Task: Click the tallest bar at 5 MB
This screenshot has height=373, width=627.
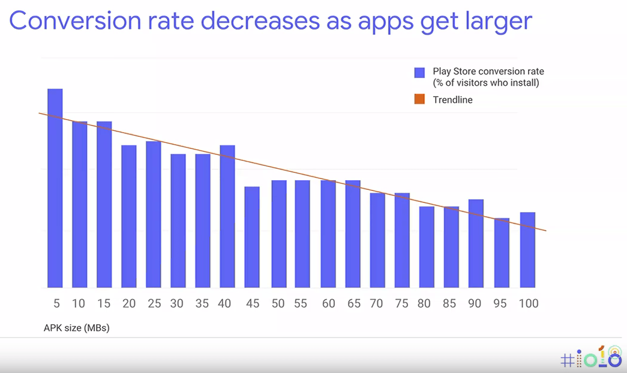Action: tap(55, 188)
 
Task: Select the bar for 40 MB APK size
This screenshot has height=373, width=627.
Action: tap(227, 216)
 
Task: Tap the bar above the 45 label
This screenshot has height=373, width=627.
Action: tap(252, 237)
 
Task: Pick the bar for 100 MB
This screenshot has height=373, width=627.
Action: tap(527, 250)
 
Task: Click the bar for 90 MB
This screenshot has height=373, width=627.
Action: tap(476, 243)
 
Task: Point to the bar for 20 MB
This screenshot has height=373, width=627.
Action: tap(129, 216)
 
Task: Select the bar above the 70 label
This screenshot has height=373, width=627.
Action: tap(377, 240)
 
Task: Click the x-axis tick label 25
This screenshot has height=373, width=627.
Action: tap(154, 303)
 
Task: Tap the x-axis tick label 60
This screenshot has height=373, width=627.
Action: tap(328, 303)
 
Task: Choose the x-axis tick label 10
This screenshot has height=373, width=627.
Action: tap(79, 303)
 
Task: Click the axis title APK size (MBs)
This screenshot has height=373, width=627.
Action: tap(77, 328)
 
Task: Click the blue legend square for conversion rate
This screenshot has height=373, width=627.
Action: tap(419, 72)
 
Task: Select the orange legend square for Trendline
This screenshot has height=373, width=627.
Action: tap(419, 99)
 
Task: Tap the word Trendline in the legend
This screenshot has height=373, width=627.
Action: tap(452, 100)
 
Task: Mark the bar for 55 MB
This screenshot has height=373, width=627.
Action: tap(302, 234)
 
